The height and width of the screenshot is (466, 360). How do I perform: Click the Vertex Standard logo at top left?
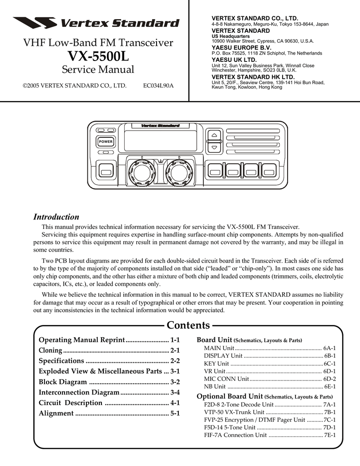[96, 23]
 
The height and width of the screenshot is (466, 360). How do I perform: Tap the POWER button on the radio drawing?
[106, 142]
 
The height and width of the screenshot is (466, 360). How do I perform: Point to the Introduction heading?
[57, 217]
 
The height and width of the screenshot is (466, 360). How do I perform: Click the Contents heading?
[188, 325]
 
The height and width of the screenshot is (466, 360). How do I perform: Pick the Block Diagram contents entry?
[62, 382]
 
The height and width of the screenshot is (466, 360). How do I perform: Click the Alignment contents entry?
[56, 413]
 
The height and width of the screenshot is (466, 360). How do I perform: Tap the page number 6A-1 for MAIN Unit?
[330, 348]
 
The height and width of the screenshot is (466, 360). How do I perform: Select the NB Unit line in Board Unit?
[215, 386]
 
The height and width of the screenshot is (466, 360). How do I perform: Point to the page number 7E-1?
[330, 435]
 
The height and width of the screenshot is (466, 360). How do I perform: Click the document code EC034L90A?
[158, 86]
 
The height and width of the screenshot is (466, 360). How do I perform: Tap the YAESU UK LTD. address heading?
[234, 60]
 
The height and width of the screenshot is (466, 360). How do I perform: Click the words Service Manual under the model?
[98, 70]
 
